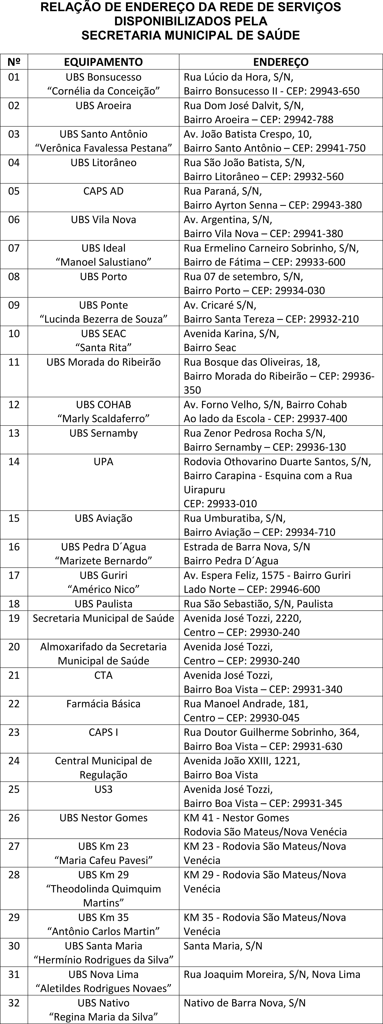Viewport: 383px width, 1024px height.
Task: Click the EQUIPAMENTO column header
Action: pyautogui.click(x=103, y=62)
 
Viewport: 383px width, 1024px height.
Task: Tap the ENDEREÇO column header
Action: pyautogui.click(x=281, y=62)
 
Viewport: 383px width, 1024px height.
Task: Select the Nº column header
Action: pyautogui.click(x=14, y=62)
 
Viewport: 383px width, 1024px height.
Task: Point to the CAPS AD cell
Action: pyautogui.click(x=103, y=191)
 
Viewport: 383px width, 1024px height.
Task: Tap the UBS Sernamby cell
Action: pyautogui.click(x=103, y=433)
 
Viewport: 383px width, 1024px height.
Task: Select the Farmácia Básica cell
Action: pyautogui.click(x=103, y=704)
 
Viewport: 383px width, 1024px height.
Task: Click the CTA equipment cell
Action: pyautogui.click(x=103, y=675)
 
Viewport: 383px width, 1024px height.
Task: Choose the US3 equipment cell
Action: pyautogui.click(x=103, y=789)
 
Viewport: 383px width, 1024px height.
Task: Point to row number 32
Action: pyautogui.click(x=14, y=1003)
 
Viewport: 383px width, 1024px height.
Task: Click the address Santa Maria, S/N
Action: pyautogui.click(x=223, y=946)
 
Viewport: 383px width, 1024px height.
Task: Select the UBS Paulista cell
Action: pyautogui.click(x=103, y=604)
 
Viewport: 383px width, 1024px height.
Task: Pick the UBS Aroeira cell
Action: pyautogui.click(x=103, y=106)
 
